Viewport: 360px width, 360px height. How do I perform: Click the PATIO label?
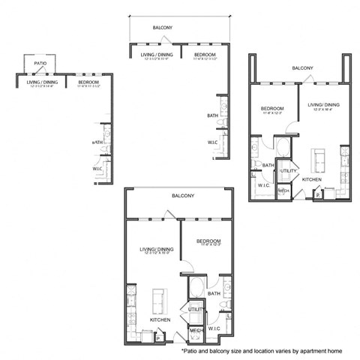(x=40, y=64)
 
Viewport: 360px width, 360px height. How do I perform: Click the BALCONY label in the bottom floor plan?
(x=183, y=196)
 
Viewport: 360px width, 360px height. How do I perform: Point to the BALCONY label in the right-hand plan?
(x=302, y=68)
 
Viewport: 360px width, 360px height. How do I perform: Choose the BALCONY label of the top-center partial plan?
(x=163, y=28)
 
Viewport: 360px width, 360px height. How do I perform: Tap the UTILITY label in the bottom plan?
(x=196, y=308)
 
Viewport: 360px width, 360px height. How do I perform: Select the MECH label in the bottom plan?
(x=196, y=330)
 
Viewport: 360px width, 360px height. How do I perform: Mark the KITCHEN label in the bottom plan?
(x=159, y=320)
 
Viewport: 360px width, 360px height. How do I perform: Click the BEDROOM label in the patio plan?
(x=88, y=82)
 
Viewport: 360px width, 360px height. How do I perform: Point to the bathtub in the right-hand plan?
(x=286, y=148)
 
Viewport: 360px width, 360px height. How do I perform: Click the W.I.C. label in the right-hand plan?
(x=264, y=184)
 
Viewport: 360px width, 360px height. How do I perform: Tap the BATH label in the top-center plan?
(x=212, y=115)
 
